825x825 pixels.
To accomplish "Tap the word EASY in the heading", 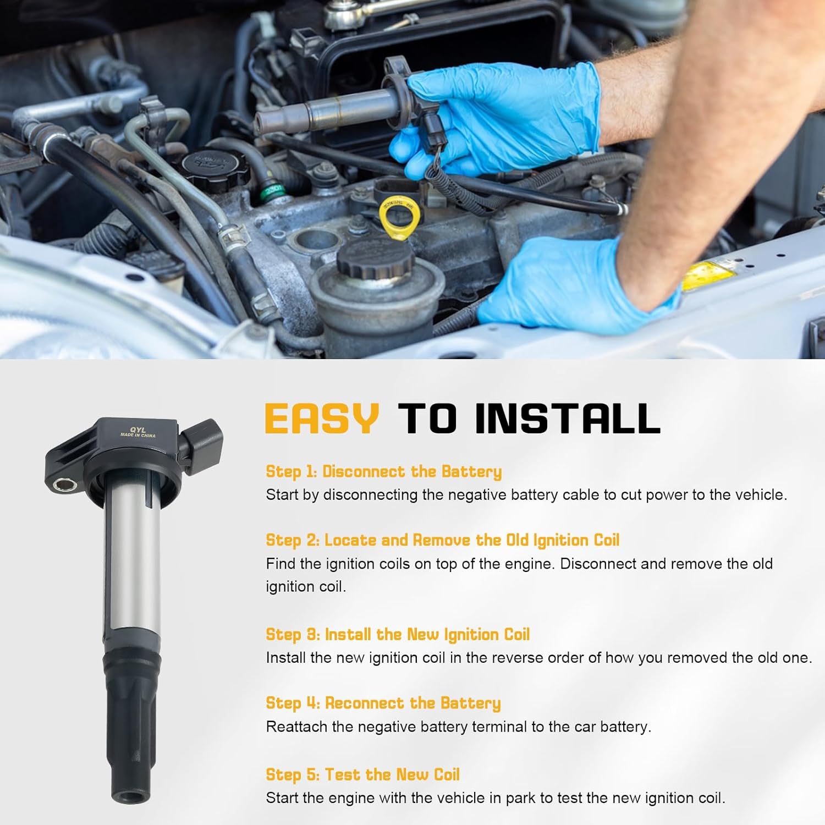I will [322, 418].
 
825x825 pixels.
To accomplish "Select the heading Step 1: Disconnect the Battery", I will [383, 471].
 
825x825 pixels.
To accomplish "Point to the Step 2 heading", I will [442, 540].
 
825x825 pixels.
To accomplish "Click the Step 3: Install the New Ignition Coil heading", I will [397, 634].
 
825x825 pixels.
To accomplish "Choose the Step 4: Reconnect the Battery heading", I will [383, 703].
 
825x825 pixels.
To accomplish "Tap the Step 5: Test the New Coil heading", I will [362, 774].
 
